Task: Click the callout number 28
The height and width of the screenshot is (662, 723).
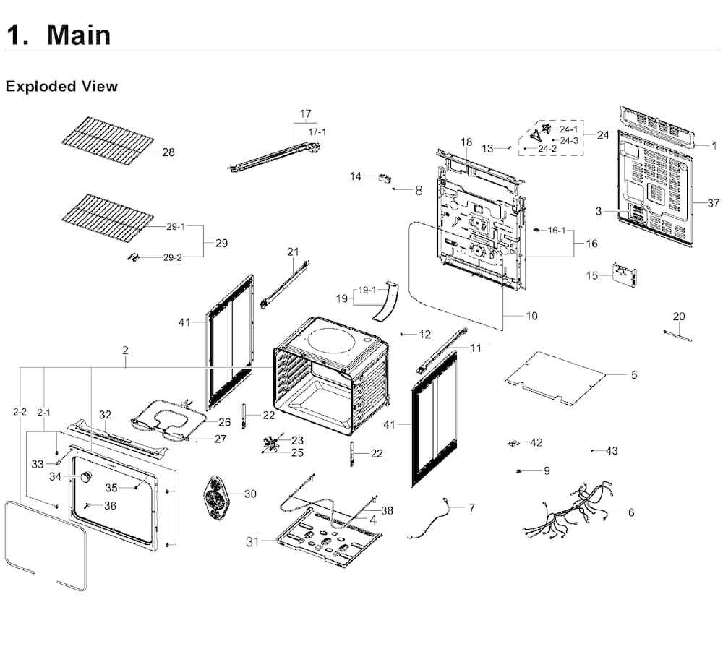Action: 168,152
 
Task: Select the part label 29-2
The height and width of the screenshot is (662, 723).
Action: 173,258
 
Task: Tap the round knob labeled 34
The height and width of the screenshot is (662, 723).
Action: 85,477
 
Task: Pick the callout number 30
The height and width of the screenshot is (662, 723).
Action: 250,494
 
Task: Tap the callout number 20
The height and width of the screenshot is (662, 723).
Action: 679,317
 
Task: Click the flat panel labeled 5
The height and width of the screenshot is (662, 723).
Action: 555,378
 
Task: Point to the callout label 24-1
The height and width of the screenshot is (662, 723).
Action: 568,129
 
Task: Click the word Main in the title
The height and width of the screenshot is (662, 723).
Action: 79,35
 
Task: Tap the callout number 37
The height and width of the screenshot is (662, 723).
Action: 714,203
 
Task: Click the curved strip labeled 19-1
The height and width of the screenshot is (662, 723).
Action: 385,301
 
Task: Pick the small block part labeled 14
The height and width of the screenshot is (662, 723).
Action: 384,178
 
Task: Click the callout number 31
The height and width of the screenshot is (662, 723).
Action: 252,542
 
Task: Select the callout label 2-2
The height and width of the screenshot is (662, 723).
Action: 20,412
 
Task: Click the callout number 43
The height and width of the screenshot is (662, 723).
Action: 612,450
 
